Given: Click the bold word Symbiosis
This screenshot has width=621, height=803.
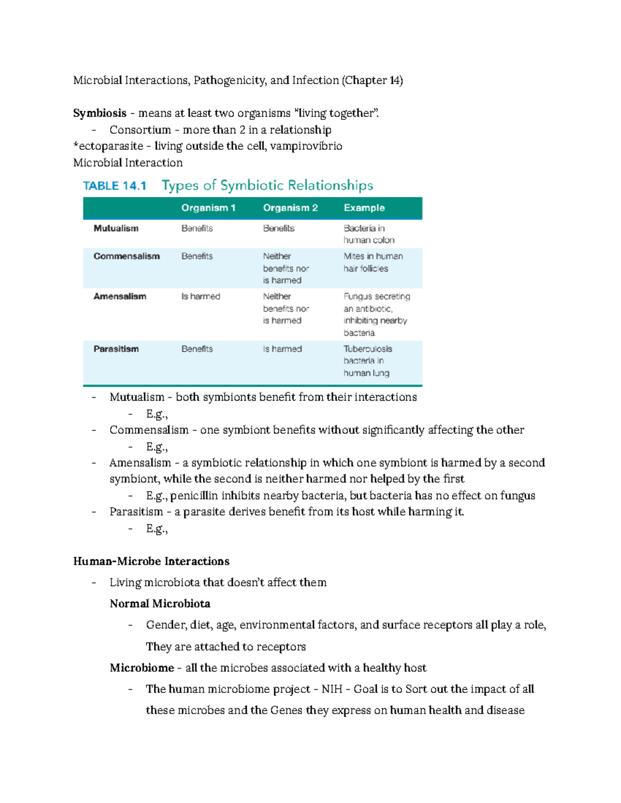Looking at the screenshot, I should point(100,113).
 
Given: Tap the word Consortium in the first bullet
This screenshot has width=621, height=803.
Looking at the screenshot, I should point(140,130).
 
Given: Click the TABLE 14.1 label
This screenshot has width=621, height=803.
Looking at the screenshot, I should point(115,186).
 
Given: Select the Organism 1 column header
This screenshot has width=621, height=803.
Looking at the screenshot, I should point(208,208).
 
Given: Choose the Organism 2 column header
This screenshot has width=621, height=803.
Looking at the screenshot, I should point(290,208).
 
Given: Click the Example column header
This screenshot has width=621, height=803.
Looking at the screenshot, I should point(364,208).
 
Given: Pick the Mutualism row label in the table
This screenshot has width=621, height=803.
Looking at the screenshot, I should point(116,229).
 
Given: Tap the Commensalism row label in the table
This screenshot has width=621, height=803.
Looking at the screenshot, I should point(126,256).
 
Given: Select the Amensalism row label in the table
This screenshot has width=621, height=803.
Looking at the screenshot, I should point(120,297).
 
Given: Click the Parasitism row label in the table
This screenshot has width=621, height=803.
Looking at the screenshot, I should point(116,349).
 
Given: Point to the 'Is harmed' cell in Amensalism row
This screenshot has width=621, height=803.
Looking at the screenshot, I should point(200,297).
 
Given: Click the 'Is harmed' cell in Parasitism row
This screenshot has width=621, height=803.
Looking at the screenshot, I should point(282,349).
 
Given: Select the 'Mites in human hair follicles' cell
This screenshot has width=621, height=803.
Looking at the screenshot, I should point(373,263).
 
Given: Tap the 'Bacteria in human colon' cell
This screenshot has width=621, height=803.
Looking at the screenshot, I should point(368,234).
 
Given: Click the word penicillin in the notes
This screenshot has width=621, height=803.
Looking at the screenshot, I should point(194,496).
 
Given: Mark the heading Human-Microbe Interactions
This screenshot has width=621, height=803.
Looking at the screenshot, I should point(151,562).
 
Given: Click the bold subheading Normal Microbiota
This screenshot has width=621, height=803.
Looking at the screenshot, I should point(159,604).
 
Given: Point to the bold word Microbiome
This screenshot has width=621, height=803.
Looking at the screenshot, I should point(141,668).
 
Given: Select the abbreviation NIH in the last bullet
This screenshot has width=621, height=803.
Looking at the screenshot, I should point(332,689).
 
